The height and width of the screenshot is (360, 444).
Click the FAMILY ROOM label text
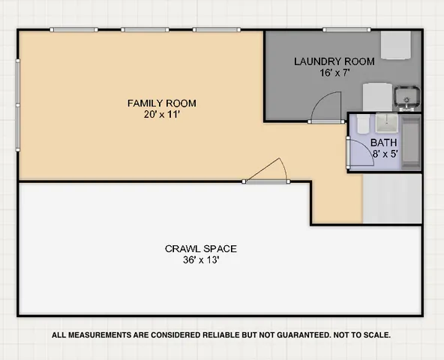point(161,103)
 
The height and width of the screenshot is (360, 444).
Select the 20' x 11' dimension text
point(161,115)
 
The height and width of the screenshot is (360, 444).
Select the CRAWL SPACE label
point(200,249)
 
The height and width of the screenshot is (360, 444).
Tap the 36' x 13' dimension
point(200,261)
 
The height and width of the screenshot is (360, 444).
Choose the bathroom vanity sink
point(386,123)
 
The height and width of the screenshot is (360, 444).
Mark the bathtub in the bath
point(411,142)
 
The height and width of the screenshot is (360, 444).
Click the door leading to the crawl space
point(267,172)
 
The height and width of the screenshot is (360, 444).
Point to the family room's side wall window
point(19,105)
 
